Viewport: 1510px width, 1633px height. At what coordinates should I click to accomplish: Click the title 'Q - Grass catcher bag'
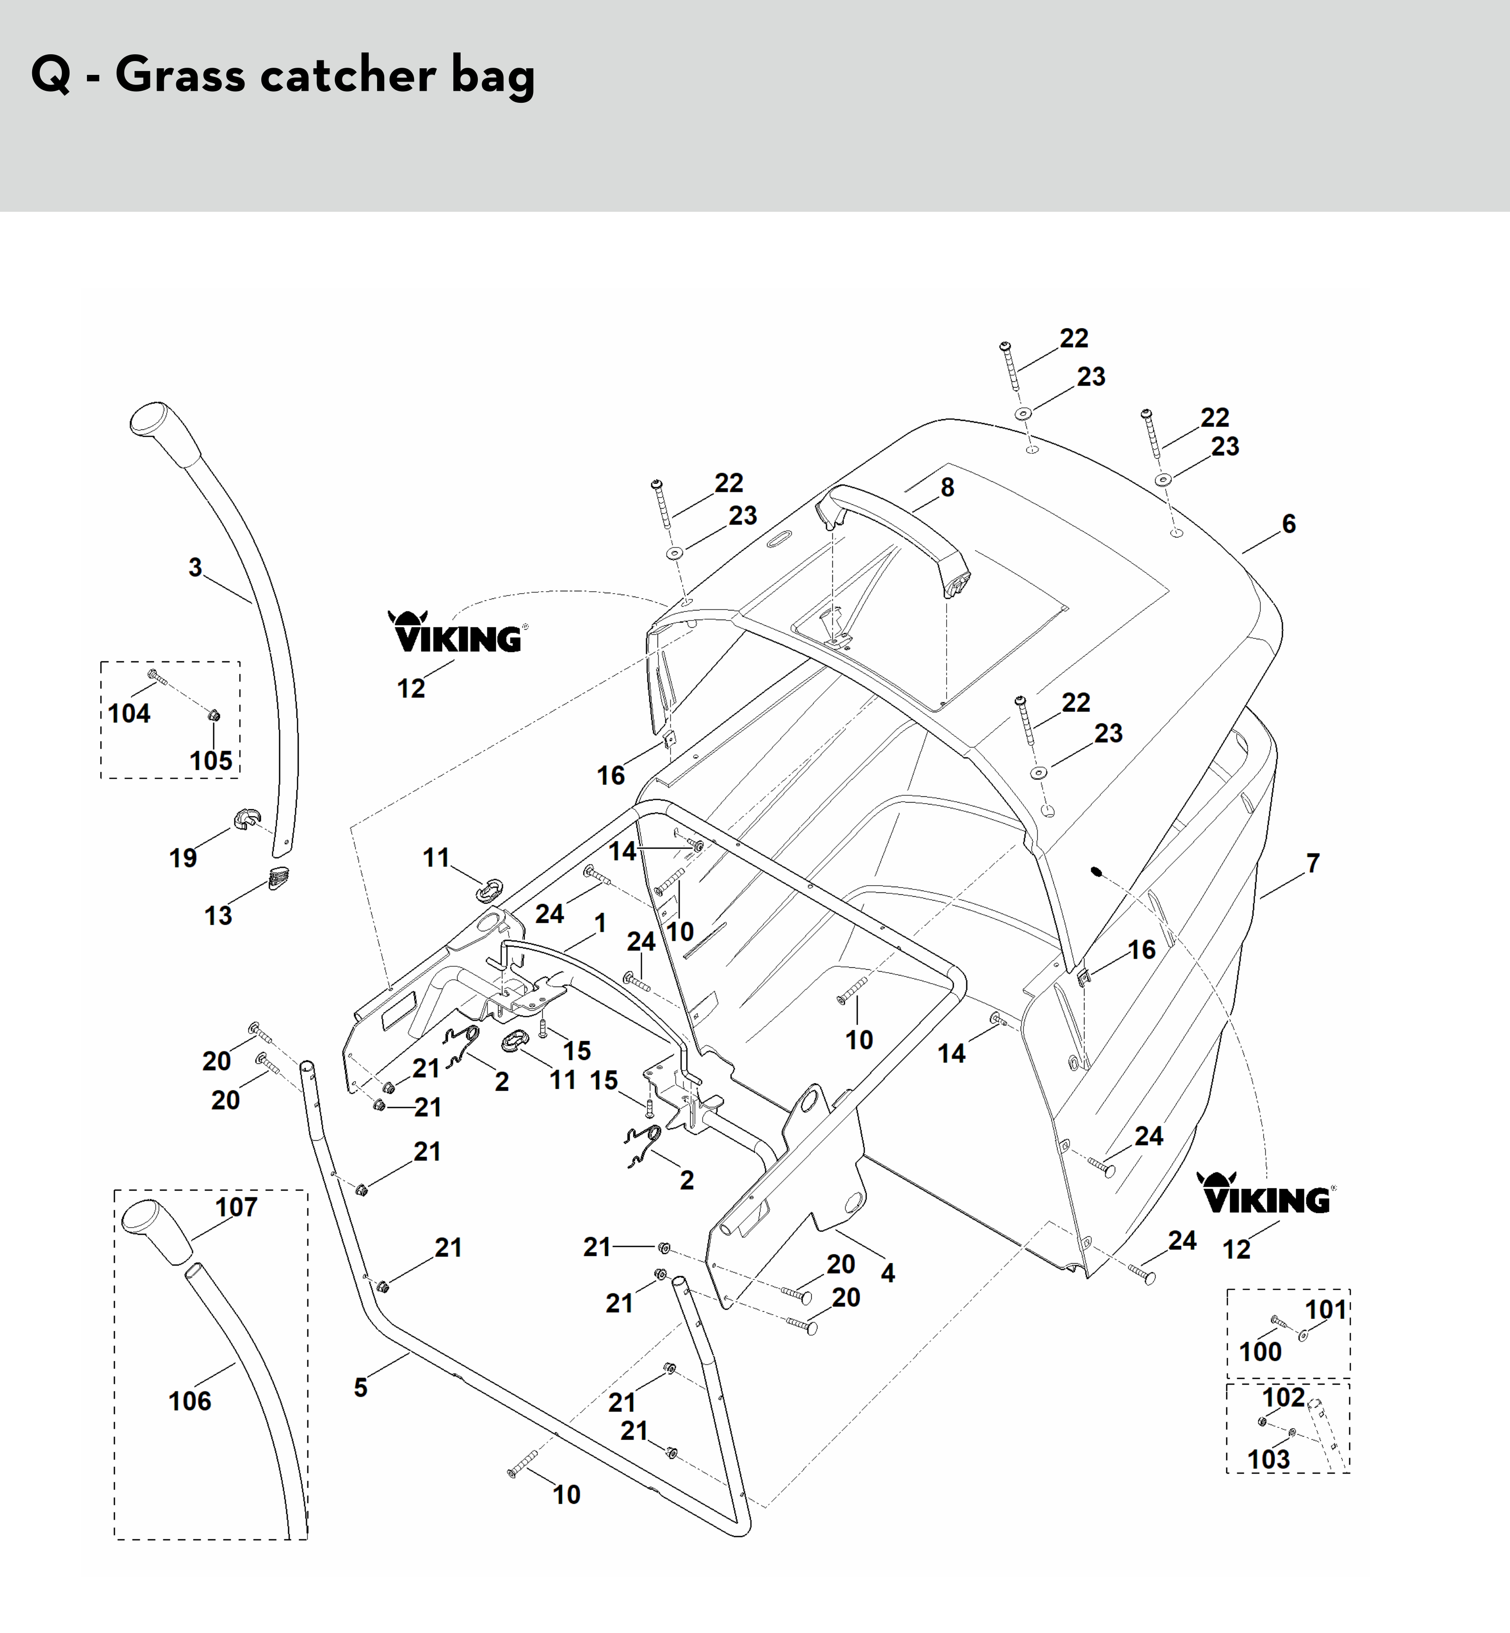283,75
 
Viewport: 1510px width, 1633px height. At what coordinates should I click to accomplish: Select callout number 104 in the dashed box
129,713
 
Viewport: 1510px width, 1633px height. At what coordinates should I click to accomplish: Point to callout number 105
211,760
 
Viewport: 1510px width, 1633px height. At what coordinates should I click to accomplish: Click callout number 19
183,858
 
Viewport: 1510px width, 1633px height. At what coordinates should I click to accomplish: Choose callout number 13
218,915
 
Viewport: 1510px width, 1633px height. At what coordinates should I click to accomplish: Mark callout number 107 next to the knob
236,1206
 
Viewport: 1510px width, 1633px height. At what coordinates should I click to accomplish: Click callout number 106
190,1401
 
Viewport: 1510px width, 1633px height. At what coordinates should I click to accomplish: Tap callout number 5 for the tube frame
360,1387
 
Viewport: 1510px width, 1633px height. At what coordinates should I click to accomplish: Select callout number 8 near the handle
947,487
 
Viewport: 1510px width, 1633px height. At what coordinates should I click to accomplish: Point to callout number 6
1289,524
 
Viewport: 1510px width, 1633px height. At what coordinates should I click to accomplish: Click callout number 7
1312,863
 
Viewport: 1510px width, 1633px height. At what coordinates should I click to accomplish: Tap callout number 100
1260,1352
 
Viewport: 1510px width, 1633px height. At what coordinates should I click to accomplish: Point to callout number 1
600,923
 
